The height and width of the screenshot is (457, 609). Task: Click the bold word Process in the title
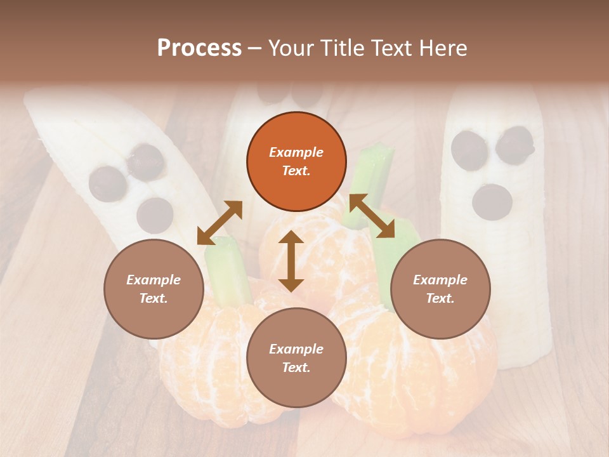coord(199,48)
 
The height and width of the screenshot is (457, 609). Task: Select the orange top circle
coord(296,161)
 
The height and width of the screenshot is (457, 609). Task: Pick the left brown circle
coord(154,289)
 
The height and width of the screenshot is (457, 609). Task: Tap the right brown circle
coord(440,289)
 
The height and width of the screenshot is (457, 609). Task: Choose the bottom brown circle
coord(296,358)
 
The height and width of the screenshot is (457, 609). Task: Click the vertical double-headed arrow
coord(291,261)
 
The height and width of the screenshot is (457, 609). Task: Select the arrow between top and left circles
coord(219,223)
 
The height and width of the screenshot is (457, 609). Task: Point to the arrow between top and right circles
coord(372,216)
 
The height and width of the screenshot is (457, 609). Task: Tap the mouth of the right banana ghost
coord(492,201)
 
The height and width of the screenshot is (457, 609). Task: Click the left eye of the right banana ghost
coord(469,147)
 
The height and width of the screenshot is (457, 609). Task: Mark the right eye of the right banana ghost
coord(514,143)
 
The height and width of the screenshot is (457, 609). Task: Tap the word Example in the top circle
coord(296,152)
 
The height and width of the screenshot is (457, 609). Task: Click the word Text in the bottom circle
coord(296,368)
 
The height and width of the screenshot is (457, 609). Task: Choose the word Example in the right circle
coord(440,280)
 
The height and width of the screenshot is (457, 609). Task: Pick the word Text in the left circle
coord(154,298)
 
